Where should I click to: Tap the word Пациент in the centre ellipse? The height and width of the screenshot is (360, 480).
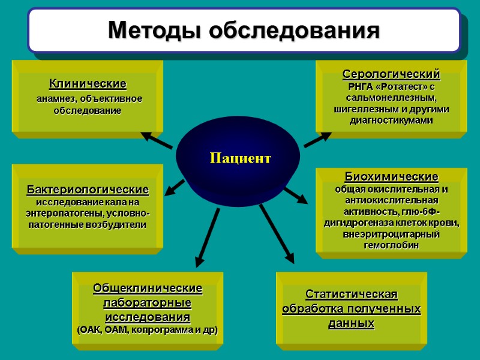pyautogui.click(x=240, y=158)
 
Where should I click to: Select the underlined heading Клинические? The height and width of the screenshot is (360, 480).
pyautogui.click(x=88, y=83)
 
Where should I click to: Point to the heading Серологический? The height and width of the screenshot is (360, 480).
pyautogui.click(x=391, y=74)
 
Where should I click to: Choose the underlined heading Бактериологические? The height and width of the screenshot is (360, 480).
pyautogui.click(x=88, y=190)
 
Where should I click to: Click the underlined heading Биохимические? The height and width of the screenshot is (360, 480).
pyautogui.click(x=391, y=177)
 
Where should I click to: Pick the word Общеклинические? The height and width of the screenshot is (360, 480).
pyautogui.click(x=148, y=289)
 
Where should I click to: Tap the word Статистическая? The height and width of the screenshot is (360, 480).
pyautogui.click(x=352, y=295)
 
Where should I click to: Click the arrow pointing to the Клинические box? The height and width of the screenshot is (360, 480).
pyautogui.click(x=157, y=140)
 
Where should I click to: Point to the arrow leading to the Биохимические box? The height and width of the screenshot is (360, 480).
pyautogui.click(x=295, y=196)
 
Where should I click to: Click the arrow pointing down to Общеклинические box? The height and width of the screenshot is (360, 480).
pyautogui.click(x=208, y=237)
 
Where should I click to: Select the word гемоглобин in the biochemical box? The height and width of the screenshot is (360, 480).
pyautogui.click(x=391, y=246)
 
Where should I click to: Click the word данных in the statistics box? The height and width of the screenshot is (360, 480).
pyautogui.click(x=352, y=323)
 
